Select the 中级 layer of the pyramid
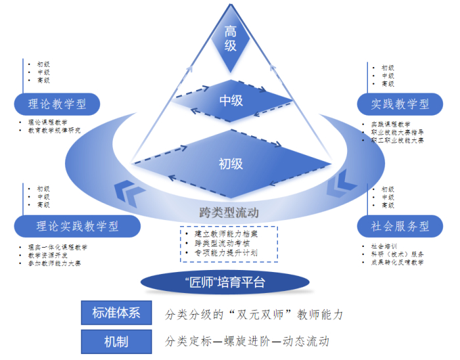[x=231, y=100]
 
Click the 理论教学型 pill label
[x=58, y=104]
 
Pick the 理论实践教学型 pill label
[x=77, y=226]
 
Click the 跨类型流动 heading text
[x=229, y=212]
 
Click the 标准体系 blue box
[x=116, y=313]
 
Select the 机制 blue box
[x=116, y=342]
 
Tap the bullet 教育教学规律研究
[x=53, y=131]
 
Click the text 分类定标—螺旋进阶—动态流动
[x=248, y=342]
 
